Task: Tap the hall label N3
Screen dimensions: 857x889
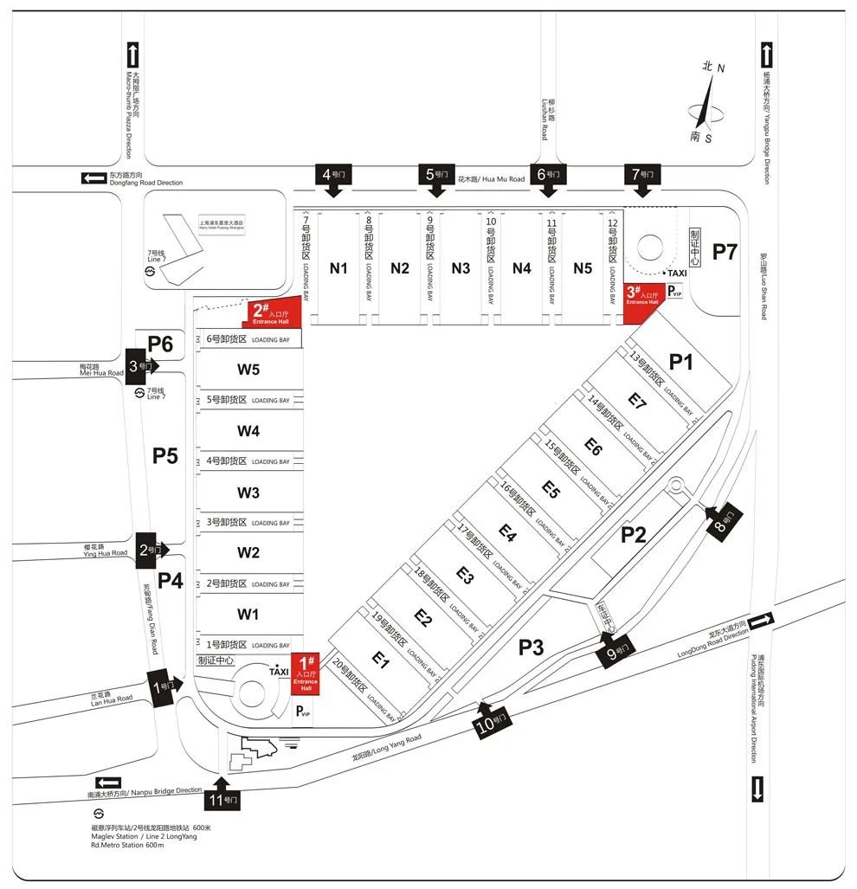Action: click(461, 268)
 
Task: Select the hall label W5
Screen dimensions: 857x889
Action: click(248, 370)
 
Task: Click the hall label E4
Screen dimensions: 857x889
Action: click(507, 537)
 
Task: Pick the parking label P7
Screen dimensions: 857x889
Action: click(725, 252)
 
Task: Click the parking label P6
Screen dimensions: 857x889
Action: click(160, 344)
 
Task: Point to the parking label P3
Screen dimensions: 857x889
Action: click(532, 647)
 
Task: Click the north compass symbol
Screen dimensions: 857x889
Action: click(708, 101)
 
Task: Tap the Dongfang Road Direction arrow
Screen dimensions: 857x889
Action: click(93, 178)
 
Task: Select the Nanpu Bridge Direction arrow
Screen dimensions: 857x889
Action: click(108, 782)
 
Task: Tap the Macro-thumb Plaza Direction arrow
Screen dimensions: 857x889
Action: click(132, 55)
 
